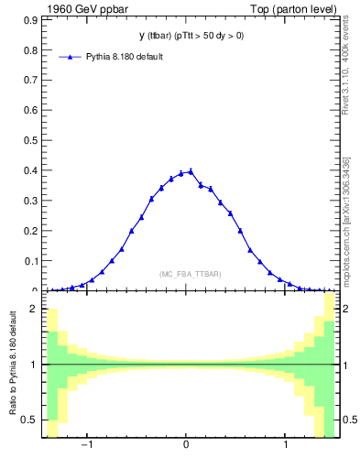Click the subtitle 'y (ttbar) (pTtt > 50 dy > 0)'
[x=191, y=37]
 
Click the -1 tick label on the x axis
[x=86, y=446]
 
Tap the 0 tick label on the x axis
[x=187, y=446]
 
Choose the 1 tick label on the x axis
[x=287, y=446]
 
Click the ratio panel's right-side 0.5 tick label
[x=348, y=420]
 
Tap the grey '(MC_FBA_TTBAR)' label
[x=191, y=274]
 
